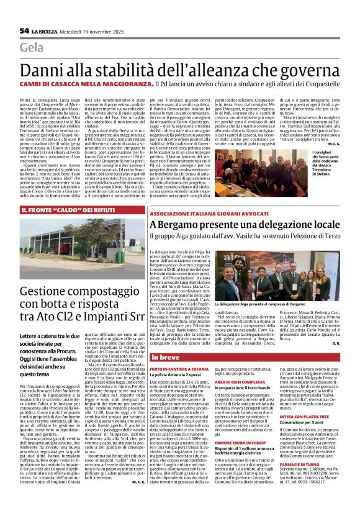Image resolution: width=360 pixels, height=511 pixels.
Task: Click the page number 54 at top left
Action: tap(25, 30)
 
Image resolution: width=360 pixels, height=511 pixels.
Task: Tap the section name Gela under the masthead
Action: tap(32, 48)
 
